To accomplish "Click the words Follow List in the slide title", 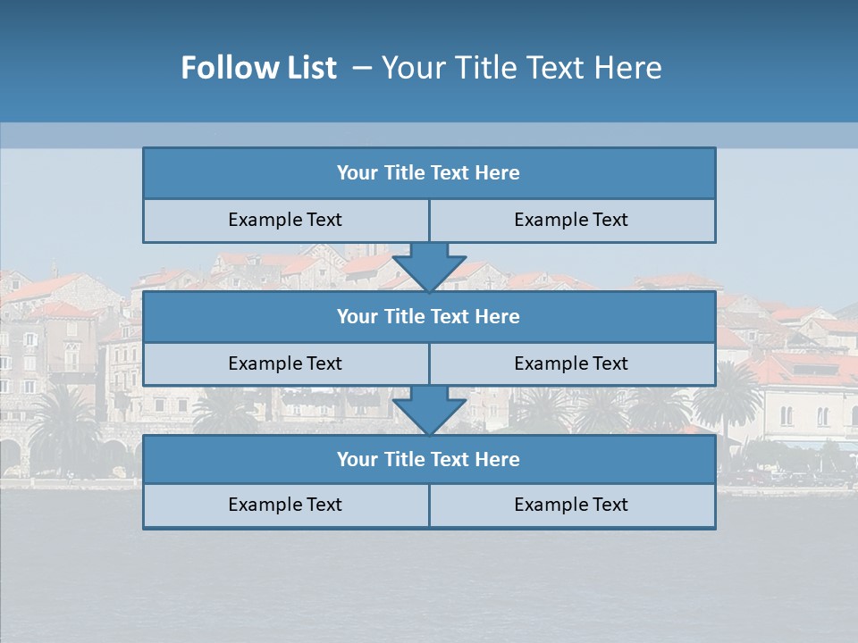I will click(258, 68).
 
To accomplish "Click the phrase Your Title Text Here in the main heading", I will click(522, 68).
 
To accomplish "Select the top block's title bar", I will click(429, 173).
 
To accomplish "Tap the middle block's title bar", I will click(429, 316).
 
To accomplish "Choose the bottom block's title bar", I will click(429, 459).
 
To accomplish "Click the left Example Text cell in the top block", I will click(285, 220).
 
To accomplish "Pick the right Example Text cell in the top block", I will click(571, 220).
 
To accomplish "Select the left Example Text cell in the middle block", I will click(285, 363).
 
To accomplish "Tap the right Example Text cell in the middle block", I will click(571, 363).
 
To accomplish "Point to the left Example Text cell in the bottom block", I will click(285, 505).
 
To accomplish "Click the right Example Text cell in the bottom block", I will click(571, 505).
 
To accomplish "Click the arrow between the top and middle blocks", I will click(429, 267).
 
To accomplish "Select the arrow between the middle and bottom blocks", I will click(429, 411).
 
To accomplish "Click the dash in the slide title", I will click(362, 68).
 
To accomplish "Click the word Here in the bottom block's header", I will click(498, 459).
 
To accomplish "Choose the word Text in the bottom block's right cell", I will click(610, 505).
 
